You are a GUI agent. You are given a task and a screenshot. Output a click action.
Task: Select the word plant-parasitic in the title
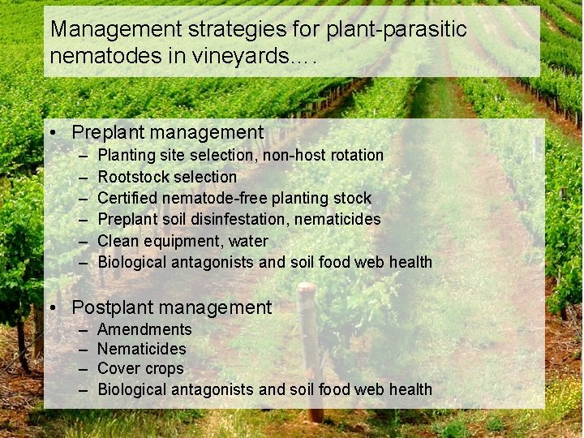pos(396,29)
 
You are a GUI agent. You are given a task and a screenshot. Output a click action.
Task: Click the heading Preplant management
pos(167,132)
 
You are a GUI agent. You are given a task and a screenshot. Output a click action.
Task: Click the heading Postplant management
pos(171,307)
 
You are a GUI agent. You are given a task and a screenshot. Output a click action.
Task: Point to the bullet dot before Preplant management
pos(52,132)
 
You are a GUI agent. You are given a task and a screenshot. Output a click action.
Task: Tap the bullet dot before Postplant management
pos(52,307)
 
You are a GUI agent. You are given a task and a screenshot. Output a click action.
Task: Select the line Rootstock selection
pos(167,177)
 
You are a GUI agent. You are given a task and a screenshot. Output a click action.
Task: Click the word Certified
pos(127,198)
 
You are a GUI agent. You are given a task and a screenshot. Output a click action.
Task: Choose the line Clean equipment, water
pos(182,241)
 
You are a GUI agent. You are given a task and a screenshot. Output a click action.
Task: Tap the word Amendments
pos(144,329)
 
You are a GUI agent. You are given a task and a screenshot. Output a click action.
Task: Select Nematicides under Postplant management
pos(141,349)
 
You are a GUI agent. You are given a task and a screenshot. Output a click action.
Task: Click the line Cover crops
pos(140,368)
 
